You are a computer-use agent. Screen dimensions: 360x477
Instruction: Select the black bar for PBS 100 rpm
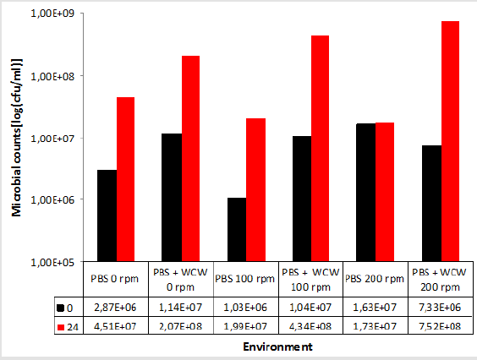(x=236, y=230)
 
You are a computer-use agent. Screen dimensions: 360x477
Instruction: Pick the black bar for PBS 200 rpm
(x=366, y=193)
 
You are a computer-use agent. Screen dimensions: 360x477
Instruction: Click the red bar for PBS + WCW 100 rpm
(x=320, y=149)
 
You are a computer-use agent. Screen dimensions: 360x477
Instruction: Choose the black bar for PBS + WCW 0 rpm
(x=171, y=198)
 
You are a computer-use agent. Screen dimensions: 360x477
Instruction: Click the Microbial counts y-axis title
(x=16, y=139)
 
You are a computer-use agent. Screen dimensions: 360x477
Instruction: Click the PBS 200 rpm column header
(x=375, y=280)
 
